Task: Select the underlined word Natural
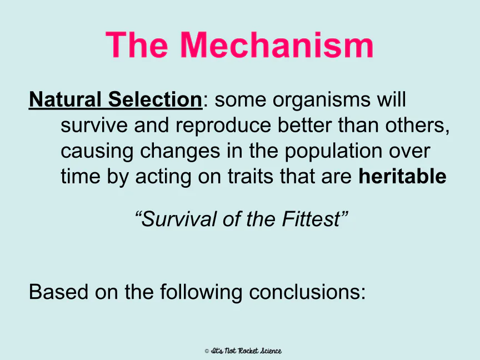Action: coord(65,99)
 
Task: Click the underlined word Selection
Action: coord(155,99)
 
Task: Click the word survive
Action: coord(94,125)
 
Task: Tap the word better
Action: coord(304,125)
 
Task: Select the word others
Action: coord(417,126)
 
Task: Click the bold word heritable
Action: coord(402,176)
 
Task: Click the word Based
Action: coord(58,292)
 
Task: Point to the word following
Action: coord(201,293)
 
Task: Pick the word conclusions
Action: coord(307,292)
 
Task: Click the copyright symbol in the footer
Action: coord(207,351)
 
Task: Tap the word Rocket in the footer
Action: coord(248,351)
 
